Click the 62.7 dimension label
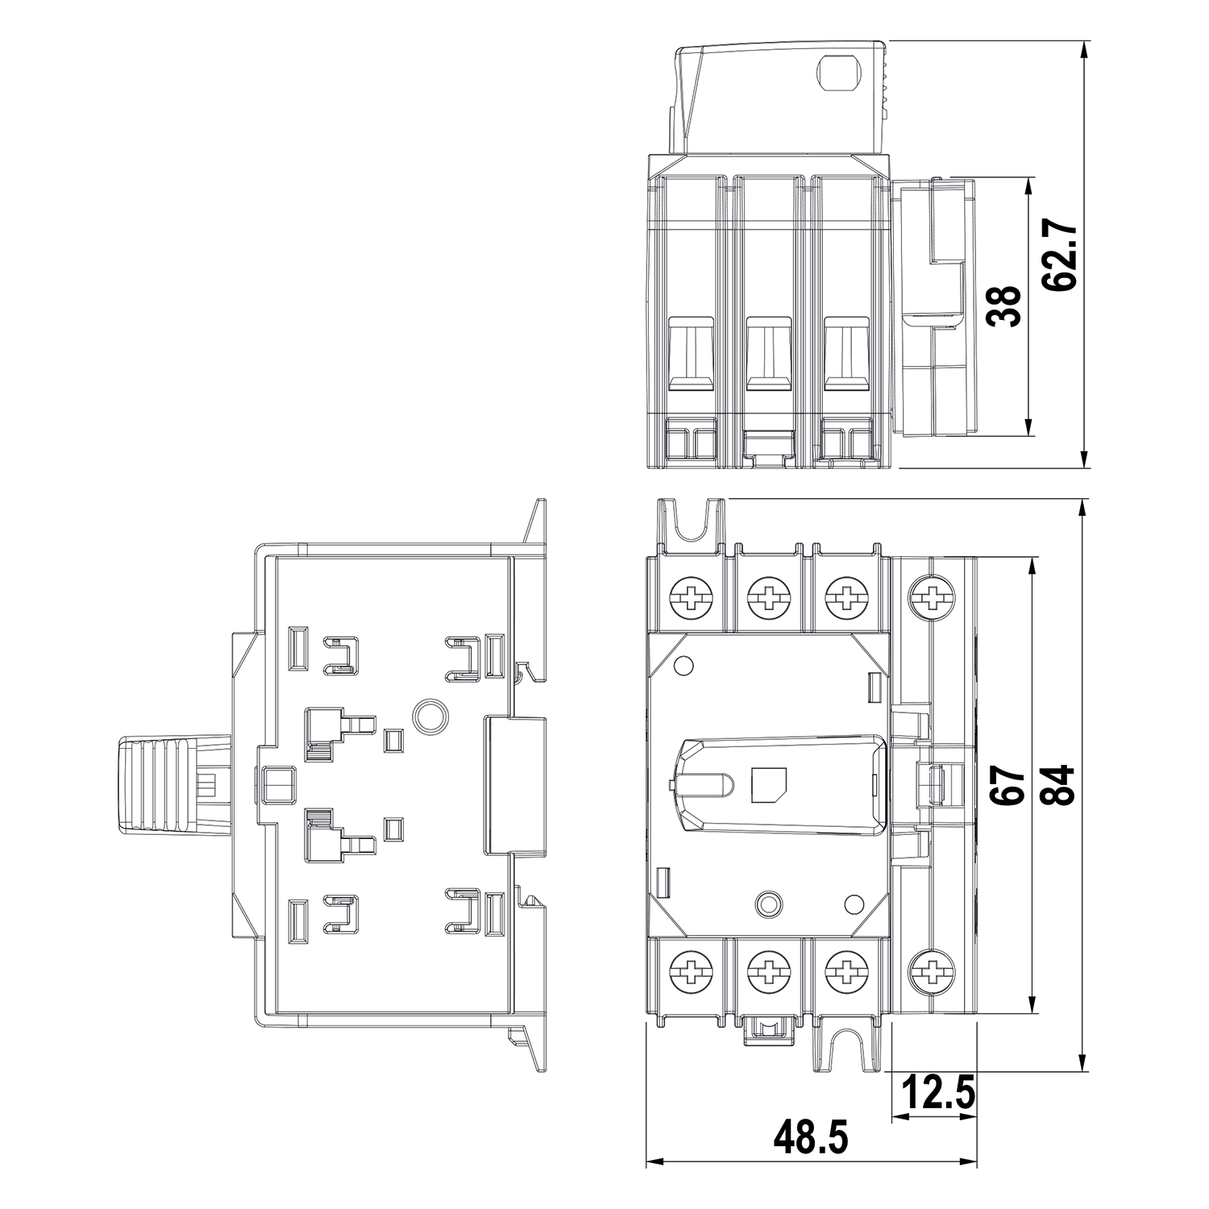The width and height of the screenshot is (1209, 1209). (1057, 255)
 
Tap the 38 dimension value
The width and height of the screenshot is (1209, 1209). (1004, 306)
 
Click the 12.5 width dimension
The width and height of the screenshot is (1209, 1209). (936, 1094)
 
